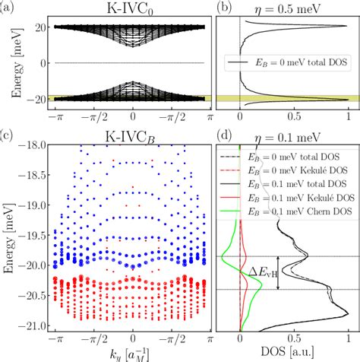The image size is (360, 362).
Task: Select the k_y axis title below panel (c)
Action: click(x=133, y=354)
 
